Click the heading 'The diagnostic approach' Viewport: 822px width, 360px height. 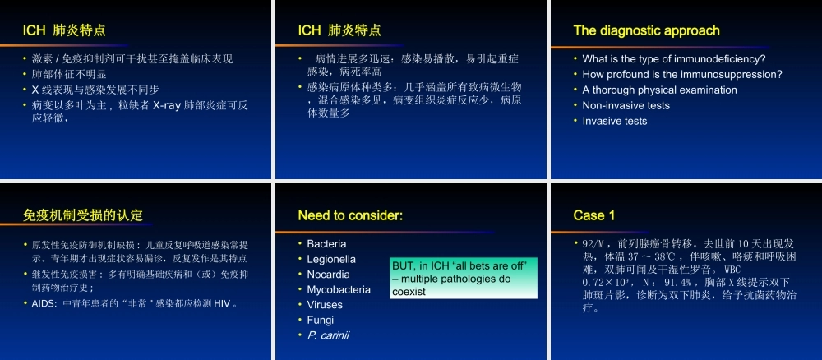[646, 31]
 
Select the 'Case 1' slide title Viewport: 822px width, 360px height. [594, 215]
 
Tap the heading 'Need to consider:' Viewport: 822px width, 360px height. [350, 215]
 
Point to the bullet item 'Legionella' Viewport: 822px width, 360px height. [331, 259]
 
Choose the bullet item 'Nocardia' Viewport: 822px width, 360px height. [328, 274]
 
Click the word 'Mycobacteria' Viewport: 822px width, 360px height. [339, 289]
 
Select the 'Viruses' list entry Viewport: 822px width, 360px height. [325, 304]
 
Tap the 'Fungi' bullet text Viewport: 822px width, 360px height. [321, 320]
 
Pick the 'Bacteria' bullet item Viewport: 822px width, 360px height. [326, 243]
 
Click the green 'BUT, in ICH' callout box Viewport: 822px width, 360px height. [463, 278]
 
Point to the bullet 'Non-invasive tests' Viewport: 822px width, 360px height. [626, 105]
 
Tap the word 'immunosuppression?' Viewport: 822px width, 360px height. [734, 74]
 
